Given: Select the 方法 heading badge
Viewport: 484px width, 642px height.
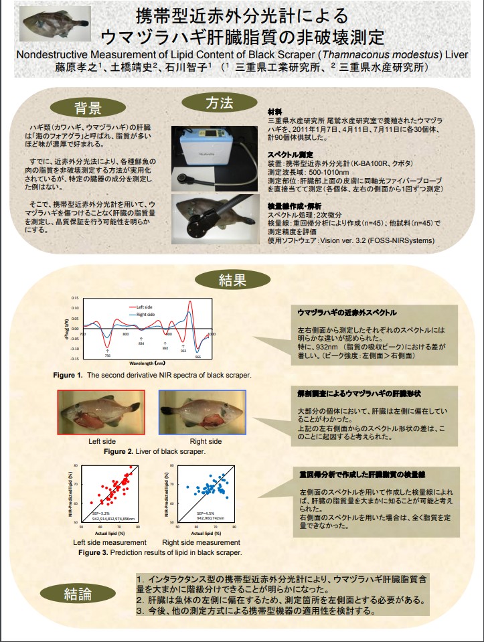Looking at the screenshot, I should tap(218, 103).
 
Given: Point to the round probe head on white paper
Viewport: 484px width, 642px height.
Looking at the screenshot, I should tap(183, 179).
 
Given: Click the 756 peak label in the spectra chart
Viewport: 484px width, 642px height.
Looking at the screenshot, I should tap(108, 355).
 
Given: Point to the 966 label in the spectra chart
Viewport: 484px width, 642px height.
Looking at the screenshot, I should tap(197, 357).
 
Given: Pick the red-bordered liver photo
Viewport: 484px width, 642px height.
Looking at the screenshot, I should tap(101, 412).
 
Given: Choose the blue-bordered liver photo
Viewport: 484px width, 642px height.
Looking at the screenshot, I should tap(202, 412).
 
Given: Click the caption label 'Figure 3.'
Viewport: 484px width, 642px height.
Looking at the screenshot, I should tap(93, 553).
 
